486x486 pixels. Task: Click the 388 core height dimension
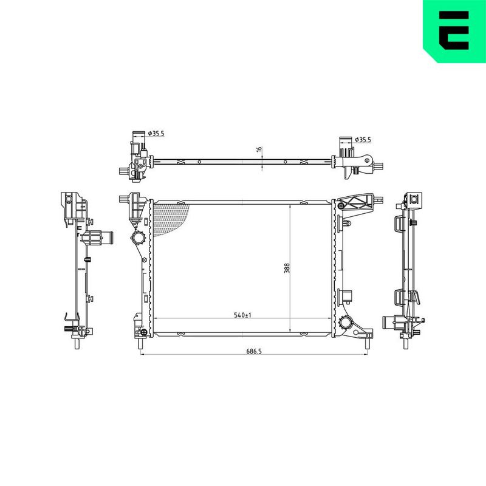[x=287, y=268]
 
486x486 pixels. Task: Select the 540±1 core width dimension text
[x=242, y=315]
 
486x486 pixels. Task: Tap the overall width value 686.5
[x=254, y=351]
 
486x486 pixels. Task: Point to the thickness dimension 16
[x=259, y=149]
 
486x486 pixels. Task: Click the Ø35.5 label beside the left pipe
[x=156, y=134]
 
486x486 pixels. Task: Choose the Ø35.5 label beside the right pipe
[x=363, y=140]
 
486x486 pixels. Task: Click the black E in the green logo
[x=454, y=30]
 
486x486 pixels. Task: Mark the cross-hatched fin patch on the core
[x=171, y=219]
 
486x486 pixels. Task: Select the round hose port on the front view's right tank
[x=346, y=323]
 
